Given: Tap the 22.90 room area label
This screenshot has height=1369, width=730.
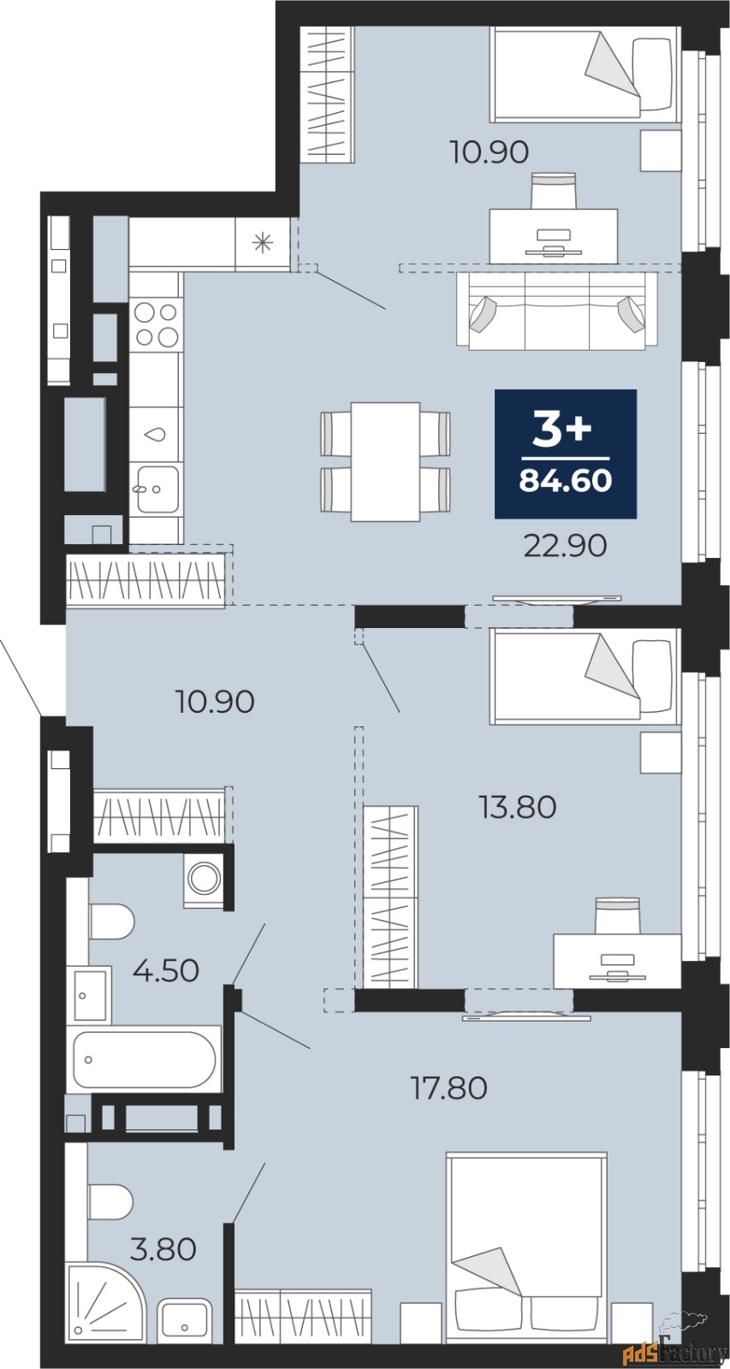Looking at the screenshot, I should (x=565, y=545).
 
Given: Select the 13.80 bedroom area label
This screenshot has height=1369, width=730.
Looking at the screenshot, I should (x=518, y=806).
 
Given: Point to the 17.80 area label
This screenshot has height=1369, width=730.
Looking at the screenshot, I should (x=448, y=1087).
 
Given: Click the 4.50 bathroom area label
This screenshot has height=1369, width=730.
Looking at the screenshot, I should (x=166, y=970).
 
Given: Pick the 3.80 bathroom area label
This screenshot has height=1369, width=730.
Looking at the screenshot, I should (x=163, y=1249).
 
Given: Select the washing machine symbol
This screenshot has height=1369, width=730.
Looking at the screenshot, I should (x=205, y=879).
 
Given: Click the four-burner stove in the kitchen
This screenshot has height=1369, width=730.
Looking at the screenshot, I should (x=155, y=324).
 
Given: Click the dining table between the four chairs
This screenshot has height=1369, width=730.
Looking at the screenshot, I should (x=385, y=461).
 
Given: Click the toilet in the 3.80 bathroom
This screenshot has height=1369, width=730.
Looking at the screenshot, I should (x=111, y=1201).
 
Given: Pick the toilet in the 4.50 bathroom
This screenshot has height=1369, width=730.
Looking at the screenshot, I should (x=111, y=922).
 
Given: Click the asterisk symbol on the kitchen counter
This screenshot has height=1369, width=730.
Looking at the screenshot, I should (x=262, y=243).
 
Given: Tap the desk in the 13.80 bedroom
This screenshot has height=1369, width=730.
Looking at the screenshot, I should (x=616, y=958).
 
